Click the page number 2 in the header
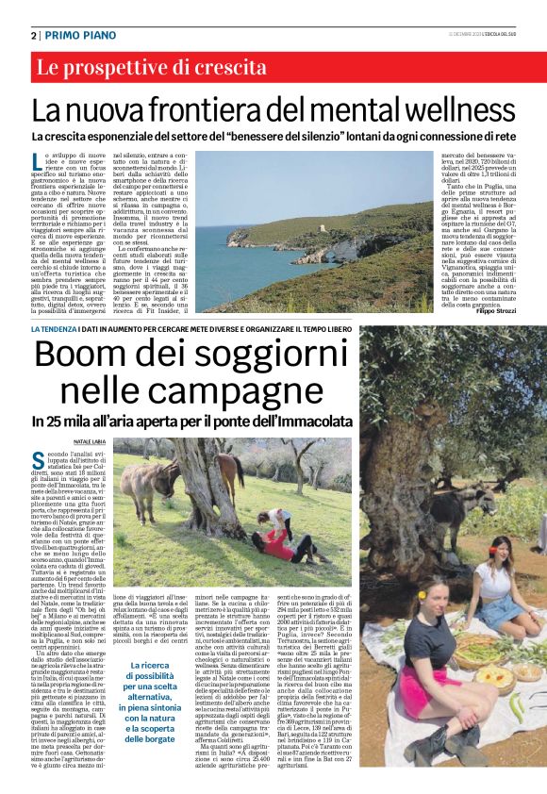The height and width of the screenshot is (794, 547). click(x=33, y=35)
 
